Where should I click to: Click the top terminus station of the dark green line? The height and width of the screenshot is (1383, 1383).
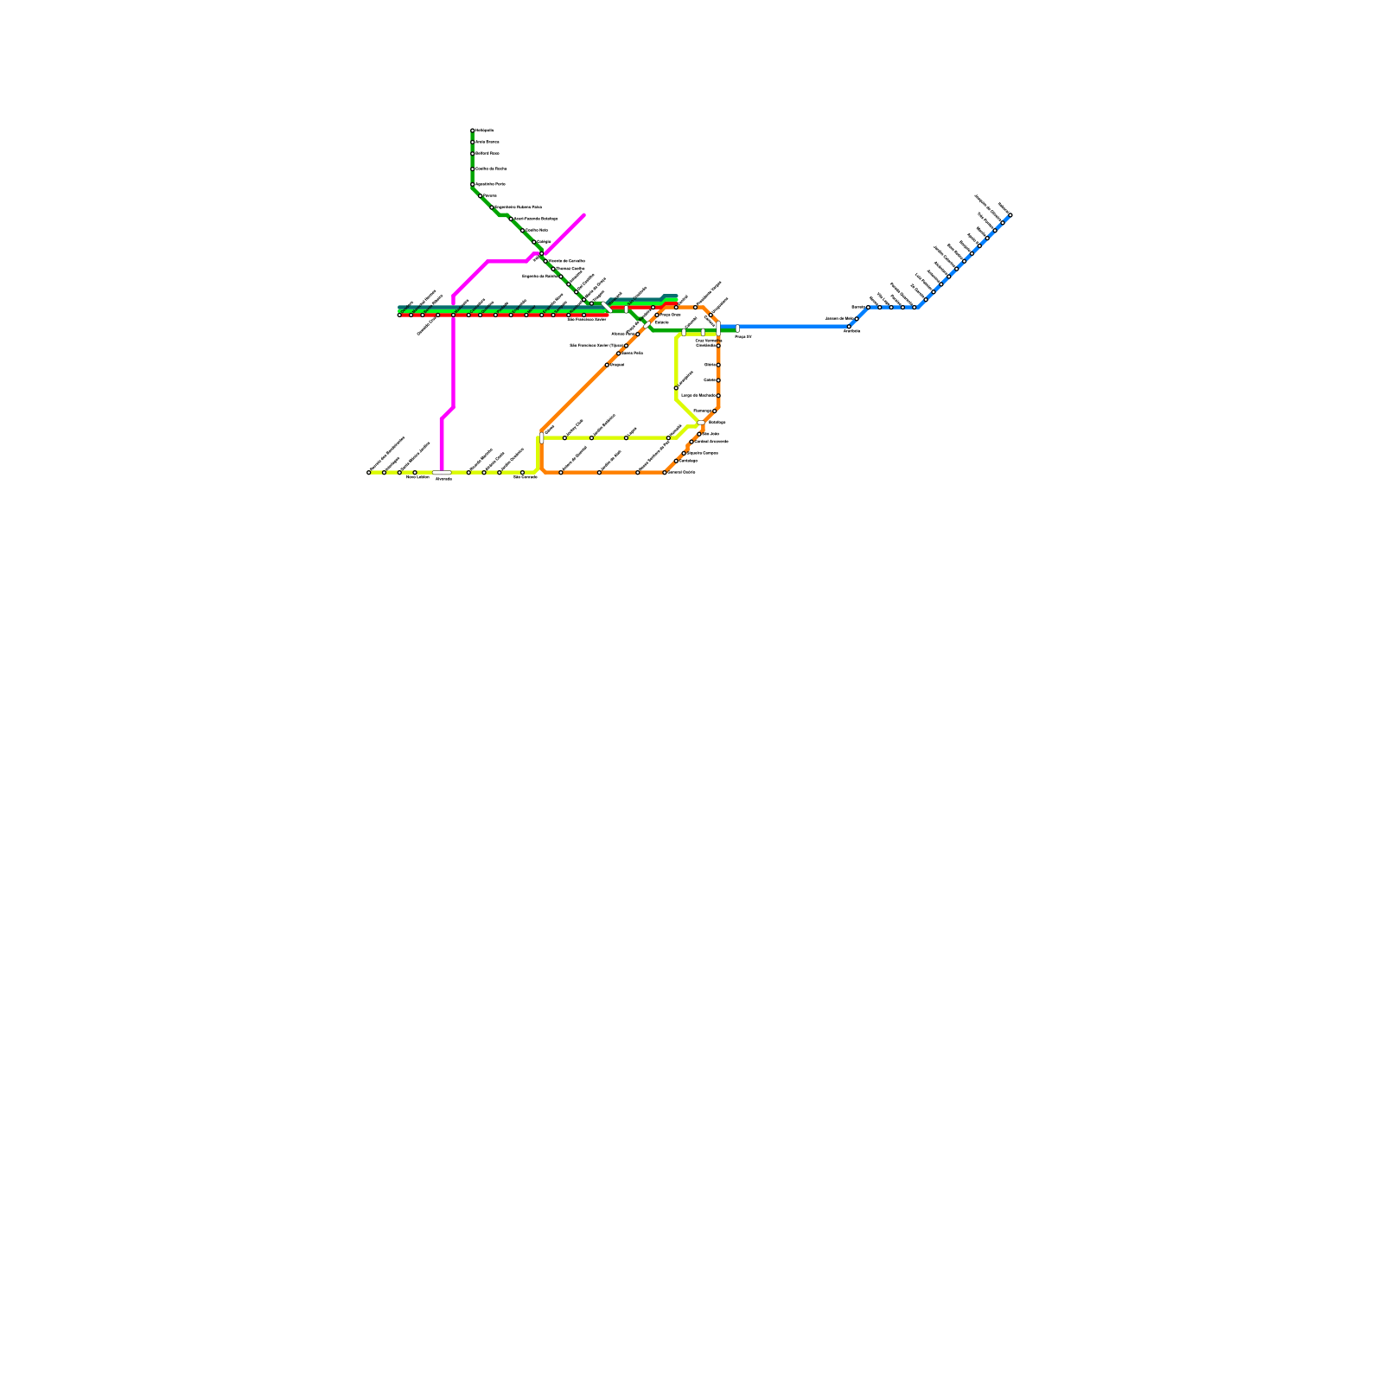473,131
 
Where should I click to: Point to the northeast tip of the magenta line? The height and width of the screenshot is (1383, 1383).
584,214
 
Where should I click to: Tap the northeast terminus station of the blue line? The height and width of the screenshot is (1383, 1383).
1010,214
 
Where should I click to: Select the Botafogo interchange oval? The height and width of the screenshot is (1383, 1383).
701,423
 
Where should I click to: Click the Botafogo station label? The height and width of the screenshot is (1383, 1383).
717,422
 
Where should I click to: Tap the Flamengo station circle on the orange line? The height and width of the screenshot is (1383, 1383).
714,411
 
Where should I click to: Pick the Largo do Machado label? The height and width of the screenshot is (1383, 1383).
698,395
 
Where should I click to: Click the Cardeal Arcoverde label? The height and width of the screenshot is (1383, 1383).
712,441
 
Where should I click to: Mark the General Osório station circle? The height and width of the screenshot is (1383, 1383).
665,473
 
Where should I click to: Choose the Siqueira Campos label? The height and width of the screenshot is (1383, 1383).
703,453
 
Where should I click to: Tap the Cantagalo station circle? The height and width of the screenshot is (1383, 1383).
676,461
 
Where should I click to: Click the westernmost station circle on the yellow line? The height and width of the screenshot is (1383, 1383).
369,473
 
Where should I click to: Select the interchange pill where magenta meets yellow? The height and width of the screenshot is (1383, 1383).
442,473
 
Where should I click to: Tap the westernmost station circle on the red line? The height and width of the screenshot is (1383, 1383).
399,315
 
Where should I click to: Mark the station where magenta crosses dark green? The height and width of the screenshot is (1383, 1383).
541,254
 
